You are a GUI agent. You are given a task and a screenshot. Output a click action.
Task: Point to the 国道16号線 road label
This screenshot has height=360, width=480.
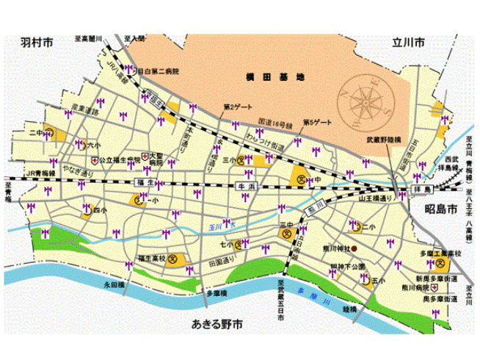(275, 126)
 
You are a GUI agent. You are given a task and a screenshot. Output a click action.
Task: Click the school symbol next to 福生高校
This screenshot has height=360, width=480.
(173, 259)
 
